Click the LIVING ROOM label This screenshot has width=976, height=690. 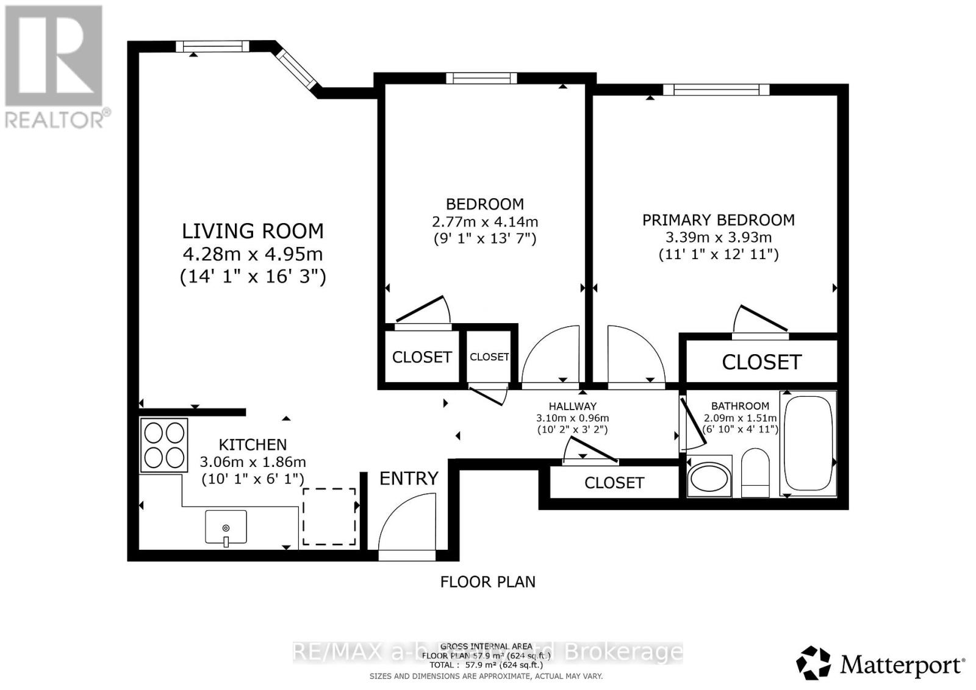tap(253, 231)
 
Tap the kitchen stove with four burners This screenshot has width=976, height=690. tap(163, 445)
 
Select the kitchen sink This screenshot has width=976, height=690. tap(226, 527)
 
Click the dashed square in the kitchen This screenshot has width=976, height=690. tap(329, 516)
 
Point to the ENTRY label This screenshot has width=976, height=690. tap(409, 478)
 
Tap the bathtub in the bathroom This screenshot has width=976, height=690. tap(808, 442)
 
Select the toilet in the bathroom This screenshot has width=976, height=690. tap(756, 473)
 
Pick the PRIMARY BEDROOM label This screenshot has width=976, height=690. tap(718, 220)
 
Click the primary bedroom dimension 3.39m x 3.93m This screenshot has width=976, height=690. tap(718, 237)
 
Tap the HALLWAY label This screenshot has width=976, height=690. tap(572, 406)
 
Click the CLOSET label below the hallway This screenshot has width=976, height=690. tap(614, 483)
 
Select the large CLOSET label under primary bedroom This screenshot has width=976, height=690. tap(761, 362)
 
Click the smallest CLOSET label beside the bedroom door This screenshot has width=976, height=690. tap(489, 357)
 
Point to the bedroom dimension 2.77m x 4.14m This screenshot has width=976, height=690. tap(484, 222)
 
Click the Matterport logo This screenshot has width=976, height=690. tap(880, 663)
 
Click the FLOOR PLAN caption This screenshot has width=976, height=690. tap(487, 582)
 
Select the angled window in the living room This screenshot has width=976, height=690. tap(297, 68)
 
